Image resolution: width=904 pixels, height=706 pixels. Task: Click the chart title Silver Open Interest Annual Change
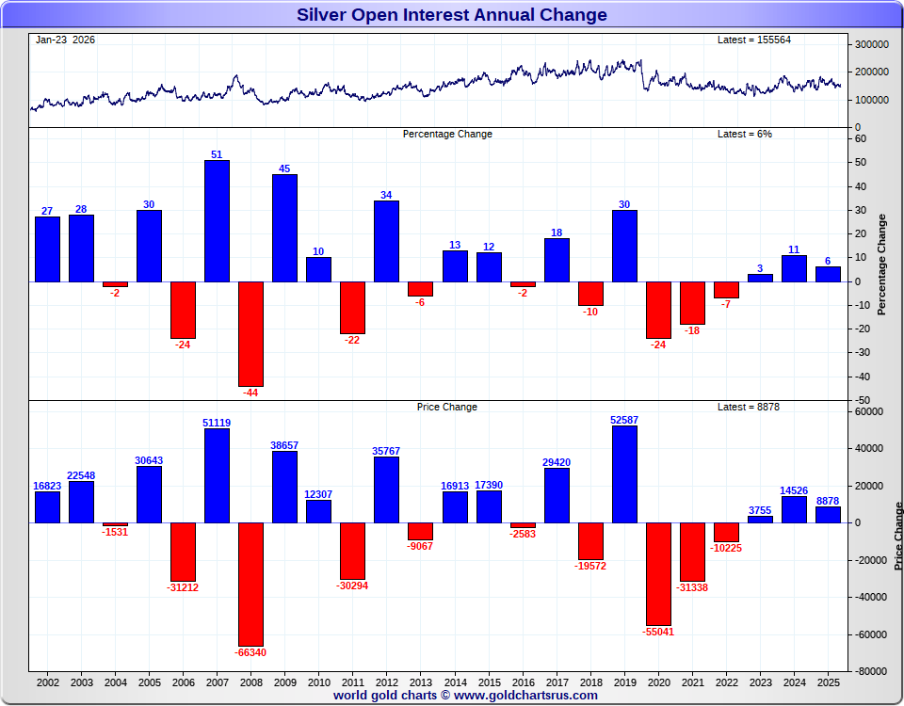[452, 14]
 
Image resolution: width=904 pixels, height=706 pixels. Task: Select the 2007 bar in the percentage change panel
[217, 221]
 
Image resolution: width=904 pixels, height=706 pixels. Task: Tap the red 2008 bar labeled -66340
[250, 584]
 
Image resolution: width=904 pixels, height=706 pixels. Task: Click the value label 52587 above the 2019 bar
[624, 420]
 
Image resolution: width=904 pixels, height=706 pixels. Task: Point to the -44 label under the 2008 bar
[250, 393]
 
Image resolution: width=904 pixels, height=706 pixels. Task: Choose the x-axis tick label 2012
[386, 681]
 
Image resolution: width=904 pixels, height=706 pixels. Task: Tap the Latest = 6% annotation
[745, 134]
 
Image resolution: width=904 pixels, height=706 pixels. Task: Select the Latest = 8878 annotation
[749, 407]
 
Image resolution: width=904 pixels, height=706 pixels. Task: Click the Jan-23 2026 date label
[65, 40]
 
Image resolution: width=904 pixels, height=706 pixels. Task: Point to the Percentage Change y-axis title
[882, 264]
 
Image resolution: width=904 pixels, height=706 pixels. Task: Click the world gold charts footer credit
[465, 696]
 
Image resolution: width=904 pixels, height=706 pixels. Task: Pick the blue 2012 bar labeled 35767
[386, 489]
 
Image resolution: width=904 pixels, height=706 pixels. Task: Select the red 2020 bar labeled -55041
[658, 573]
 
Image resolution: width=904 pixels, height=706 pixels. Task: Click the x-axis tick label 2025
[828, 681]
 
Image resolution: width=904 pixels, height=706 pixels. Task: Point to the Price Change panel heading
[447, 407]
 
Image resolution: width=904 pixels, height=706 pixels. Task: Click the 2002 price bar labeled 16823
[47, 506]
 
